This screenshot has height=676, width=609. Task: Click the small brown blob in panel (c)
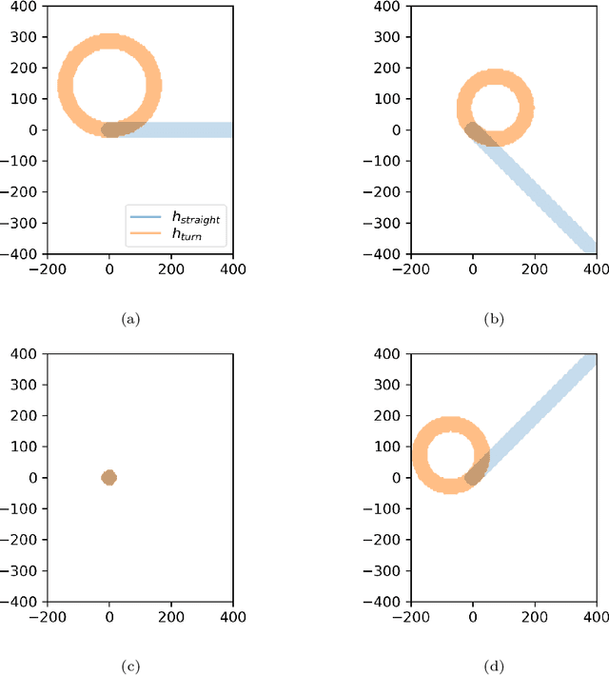pyautogui.click(x=108, y=477)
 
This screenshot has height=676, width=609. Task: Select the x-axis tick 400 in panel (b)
pyautogui.click(x=597, y=269)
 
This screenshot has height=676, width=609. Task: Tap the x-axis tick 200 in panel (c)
pyautogui.click(x=171, y=617)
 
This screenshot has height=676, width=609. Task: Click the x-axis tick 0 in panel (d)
pyautogui.click(x=473, y=617)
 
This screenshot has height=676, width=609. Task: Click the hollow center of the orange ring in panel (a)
pyautogui.click(x=109, y=86)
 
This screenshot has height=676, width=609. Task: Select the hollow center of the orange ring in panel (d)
pyautogui.click(x=451, y=455)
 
